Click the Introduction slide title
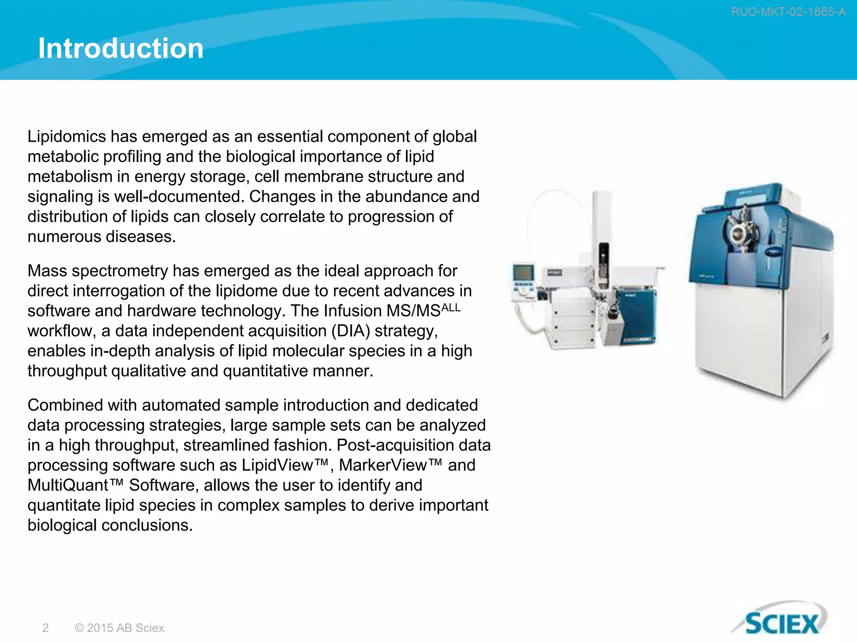(x=121, y=48)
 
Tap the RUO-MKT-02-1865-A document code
(x=788, y=12)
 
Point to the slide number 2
(x=45, y=628)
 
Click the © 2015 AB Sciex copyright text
(x=119, y=628)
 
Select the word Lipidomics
(x=67, y=137)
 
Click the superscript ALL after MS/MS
(x=451, y=307)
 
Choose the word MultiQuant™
(x=75, y=485)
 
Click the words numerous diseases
(x=101, y=237)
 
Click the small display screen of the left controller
(x=523, y=273)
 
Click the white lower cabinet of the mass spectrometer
(x=753, y=335)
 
